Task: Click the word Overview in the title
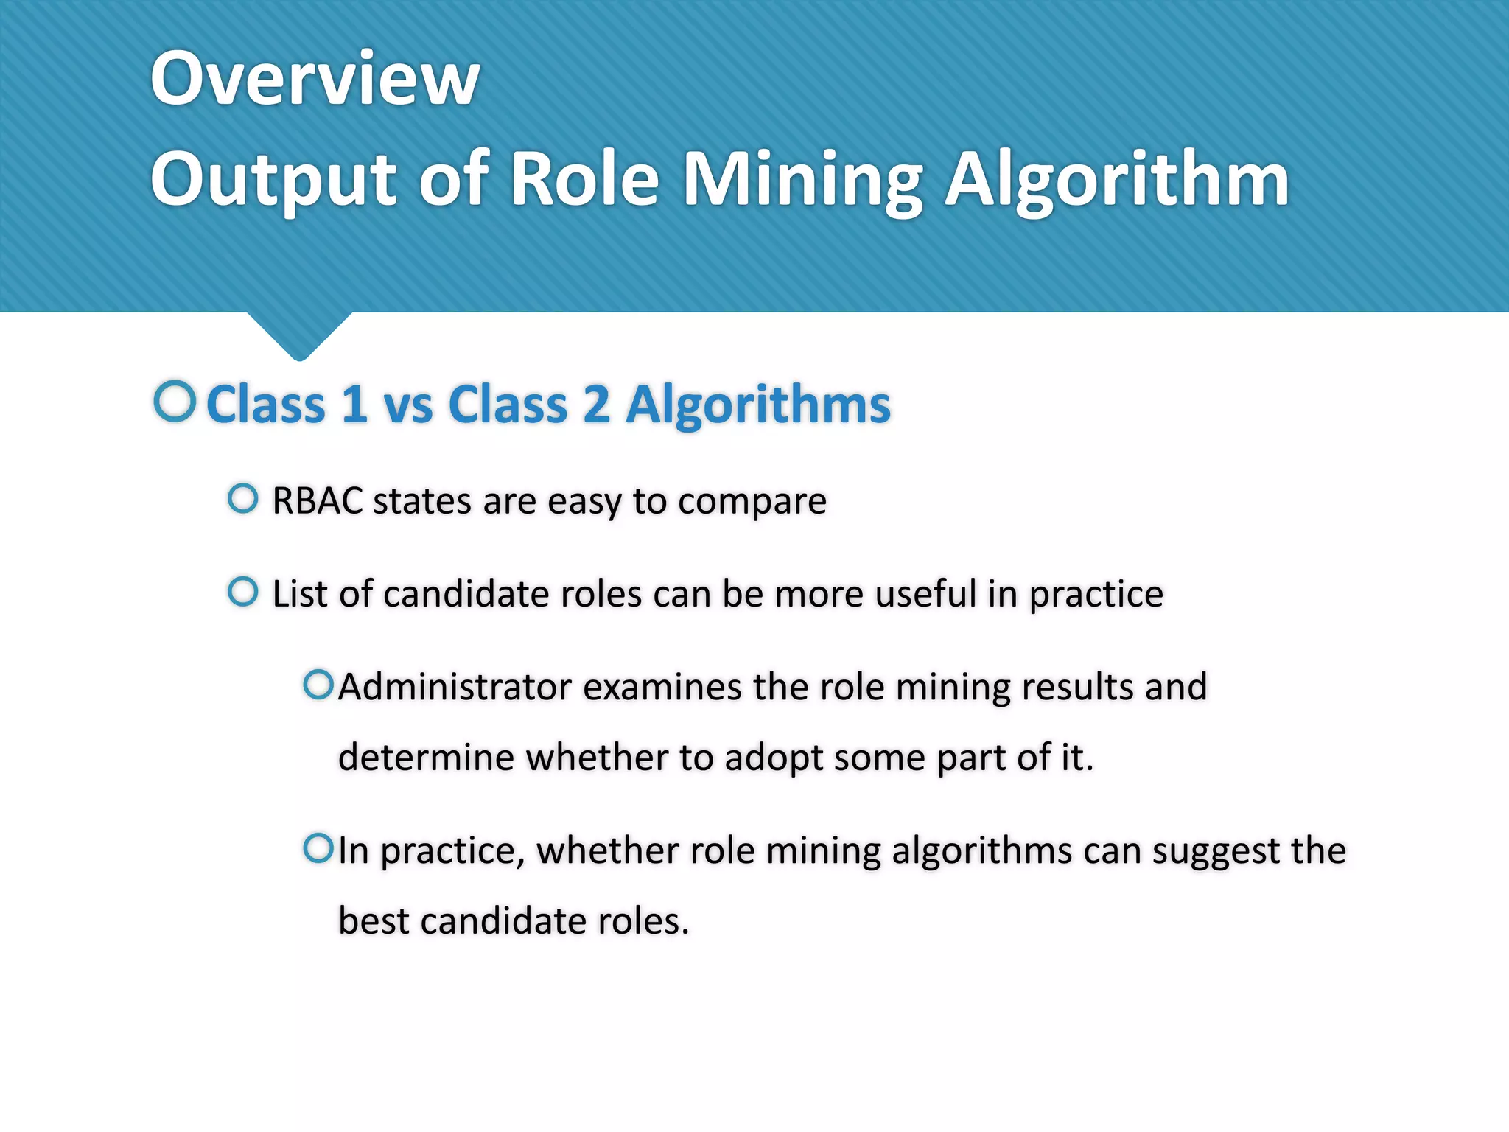coord(315,78)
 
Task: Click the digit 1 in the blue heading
coord(354,405)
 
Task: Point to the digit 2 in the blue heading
coord(597,405)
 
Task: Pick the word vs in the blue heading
coord(408,406)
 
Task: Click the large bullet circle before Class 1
coord(175,402)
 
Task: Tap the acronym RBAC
coord(318,501)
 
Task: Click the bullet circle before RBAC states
coord(243,499)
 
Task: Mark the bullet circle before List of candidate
coord(243,591)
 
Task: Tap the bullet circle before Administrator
coord(318,685)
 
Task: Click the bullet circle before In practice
coord(318,848)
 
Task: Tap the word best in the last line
coord(373,921)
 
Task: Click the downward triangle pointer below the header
coord(299,335)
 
